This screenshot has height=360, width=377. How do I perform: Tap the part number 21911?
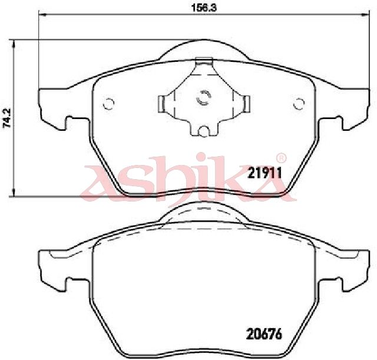click(x=264, y=173)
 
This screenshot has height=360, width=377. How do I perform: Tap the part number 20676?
click(x=264, y=334)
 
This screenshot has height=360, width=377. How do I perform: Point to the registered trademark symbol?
click(x=281, y=158)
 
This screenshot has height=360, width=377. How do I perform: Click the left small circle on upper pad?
click(x=108, y=104)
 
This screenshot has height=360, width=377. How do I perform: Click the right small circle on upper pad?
click(x=299, y=104)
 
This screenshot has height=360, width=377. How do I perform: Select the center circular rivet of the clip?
click(x=204, y=98)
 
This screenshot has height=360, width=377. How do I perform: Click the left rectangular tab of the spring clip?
click(x=161, y=104)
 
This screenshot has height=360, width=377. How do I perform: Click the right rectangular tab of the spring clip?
click(x=246, y=104)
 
